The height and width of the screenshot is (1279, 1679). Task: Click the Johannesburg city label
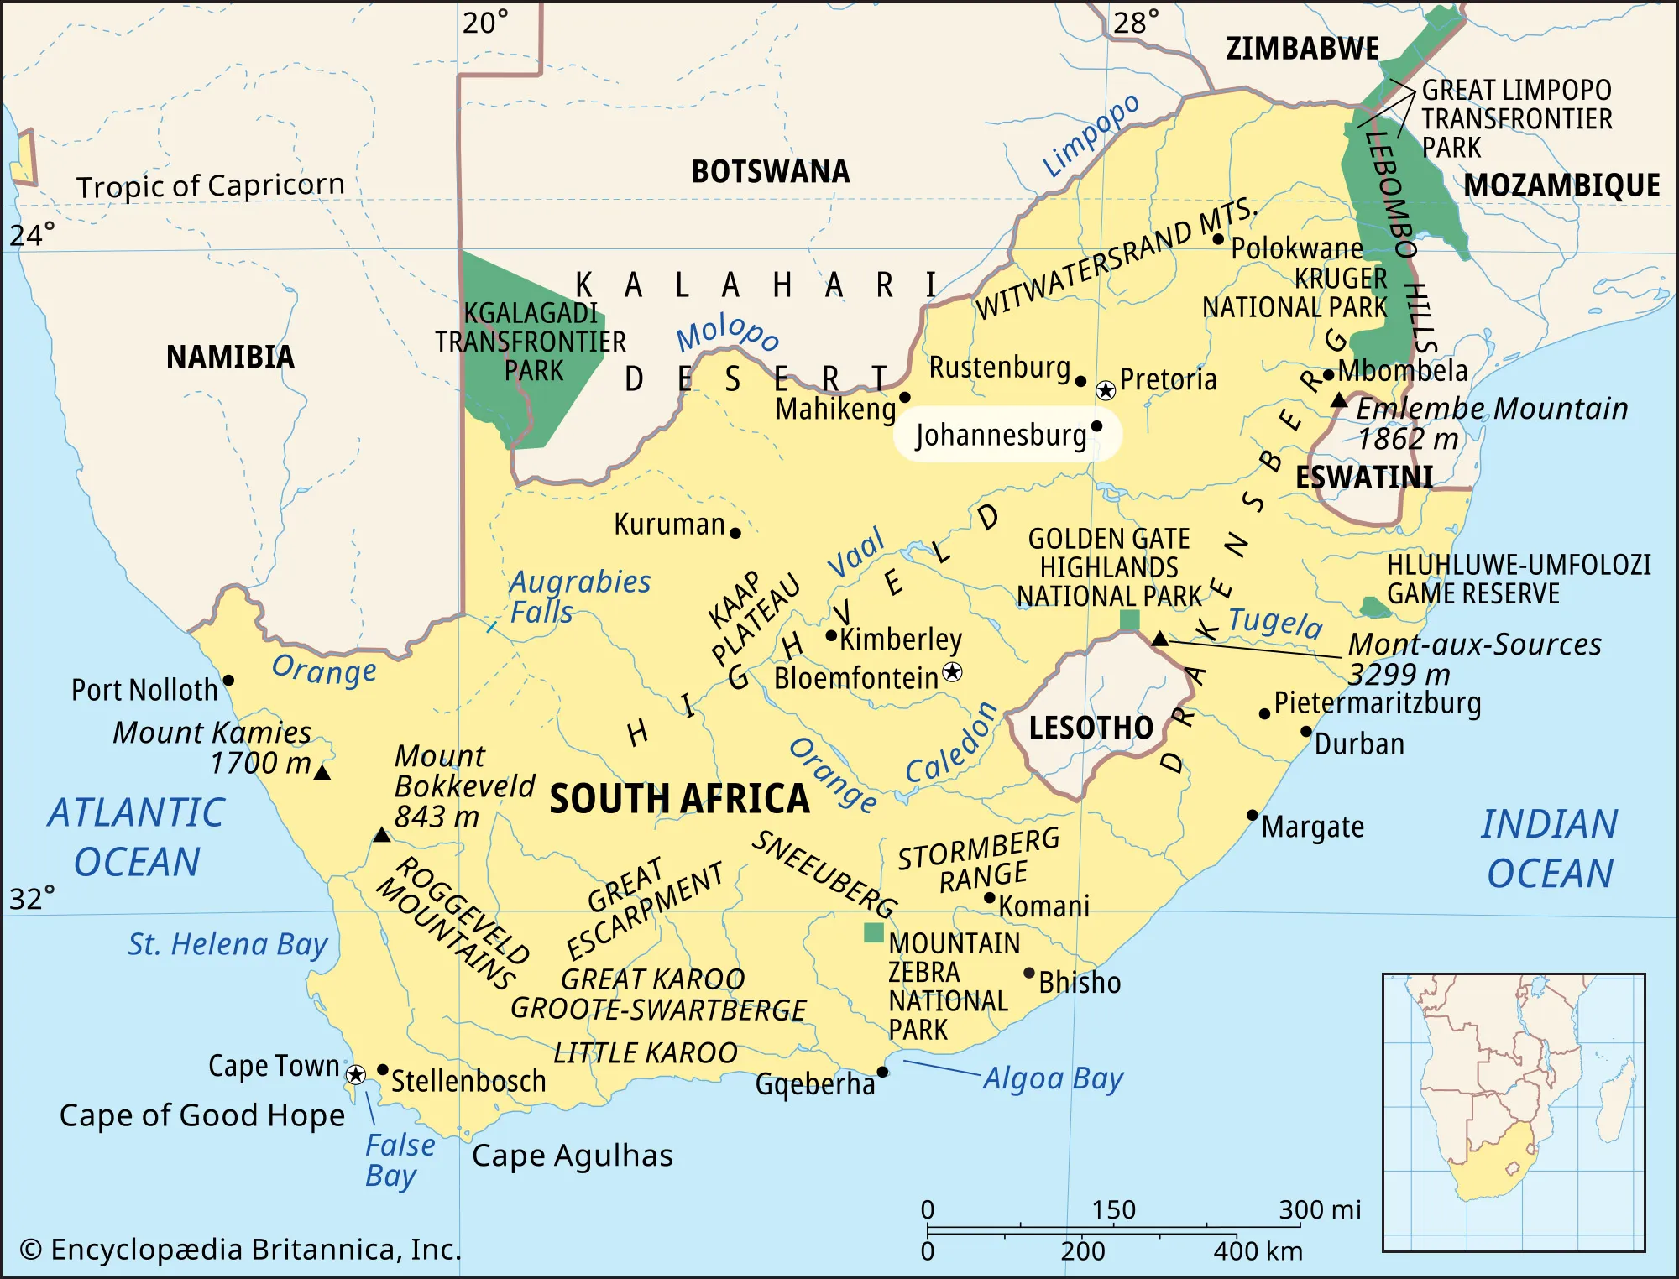click(1001, 436)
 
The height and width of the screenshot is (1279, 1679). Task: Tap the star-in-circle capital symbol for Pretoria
click(1106, 390)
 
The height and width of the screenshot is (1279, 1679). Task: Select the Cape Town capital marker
click(356, 1075)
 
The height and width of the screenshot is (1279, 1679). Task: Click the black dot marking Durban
click(1306, 731)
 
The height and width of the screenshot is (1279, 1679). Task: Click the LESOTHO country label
click(1091, 728)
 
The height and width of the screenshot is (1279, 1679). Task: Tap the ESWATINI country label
click(1364, 478)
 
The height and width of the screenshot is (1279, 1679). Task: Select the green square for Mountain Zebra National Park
click(874, 932)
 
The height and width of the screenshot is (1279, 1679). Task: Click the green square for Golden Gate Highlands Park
click(1130, 620)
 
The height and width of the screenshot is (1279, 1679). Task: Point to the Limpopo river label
click(1091, 135)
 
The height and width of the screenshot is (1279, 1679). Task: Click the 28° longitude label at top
click(1136, 23)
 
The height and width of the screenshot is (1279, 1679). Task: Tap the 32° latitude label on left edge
click(32, 899)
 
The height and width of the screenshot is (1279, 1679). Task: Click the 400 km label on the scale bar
click(1258, 1251)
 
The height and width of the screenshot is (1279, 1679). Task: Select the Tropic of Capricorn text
click(210, 185)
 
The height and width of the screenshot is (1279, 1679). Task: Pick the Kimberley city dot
click(831, 636)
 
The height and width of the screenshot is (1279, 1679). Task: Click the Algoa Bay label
click(1053, 1078)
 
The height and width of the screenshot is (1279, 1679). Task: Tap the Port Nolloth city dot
click(228, 681)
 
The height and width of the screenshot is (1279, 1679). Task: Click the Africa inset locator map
click(1514, 1112)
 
